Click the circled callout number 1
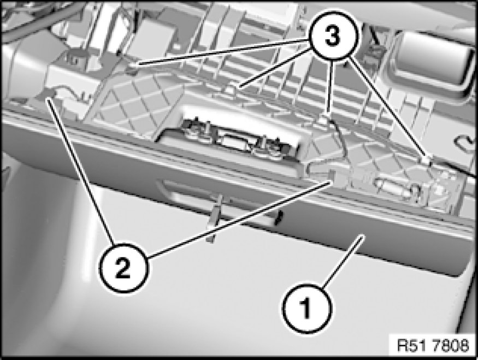[x=306, y=308]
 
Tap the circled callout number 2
[x=124, y=268]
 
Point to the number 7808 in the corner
[x=447, y=346]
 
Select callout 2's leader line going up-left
[x=81, y=171]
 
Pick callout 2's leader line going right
[x=239, y=219]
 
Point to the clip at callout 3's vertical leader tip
[x=326, y=119]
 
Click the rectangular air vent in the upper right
[x=432, y=61]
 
